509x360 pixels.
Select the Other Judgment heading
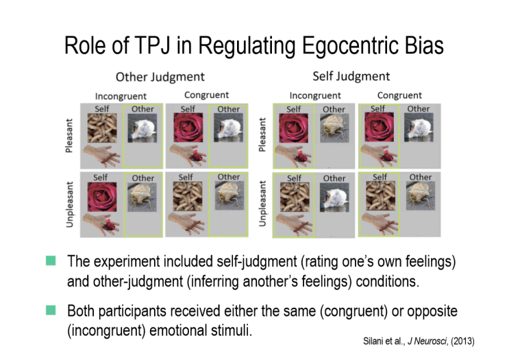point(160,76)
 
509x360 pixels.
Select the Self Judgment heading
point(351,76)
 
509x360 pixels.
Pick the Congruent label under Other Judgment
point(206,95)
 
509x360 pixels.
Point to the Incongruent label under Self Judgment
point(314,95)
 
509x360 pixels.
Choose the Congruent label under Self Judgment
point(399,95)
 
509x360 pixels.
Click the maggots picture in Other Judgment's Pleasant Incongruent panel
point(101,129)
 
